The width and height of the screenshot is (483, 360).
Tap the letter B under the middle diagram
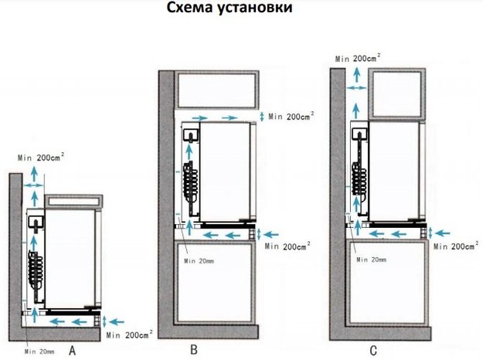coord(194,350)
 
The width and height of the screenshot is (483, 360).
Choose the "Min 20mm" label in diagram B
coord(200,260)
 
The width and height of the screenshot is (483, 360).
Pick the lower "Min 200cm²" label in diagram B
coord(287,246)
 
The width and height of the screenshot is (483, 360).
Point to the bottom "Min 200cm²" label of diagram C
coord(457,246)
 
